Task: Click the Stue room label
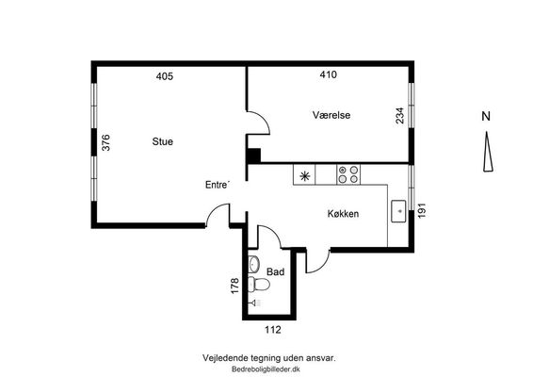click(163, 141)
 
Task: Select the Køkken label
click(343, 214)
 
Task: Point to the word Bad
click(275, 271)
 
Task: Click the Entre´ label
click(218, 185)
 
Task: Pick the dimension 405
click(165, 76)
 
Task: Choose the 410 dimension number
click(329, 74)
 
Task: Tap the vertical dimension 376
click(105, 142)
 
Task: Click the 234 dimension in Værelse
click(400, 115)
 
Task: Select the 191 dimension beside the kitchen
click(422, 210)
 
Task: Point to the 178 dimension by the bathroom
click(234, 286)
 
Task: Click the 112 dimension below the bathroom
click(273, 330)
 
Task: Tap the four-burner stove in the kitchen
click(348, 174)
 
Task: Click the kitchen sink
click(398, 211)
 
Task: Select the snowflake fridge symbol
click(304, 176)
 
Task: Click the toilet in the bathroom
click(259, 284)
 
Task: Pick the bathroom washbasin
click(254, 264)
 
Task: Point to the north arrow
click(488, 152)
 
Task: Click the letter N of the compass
click(486, 116)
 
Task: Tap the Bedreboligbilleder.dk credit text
click(266, 369)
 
